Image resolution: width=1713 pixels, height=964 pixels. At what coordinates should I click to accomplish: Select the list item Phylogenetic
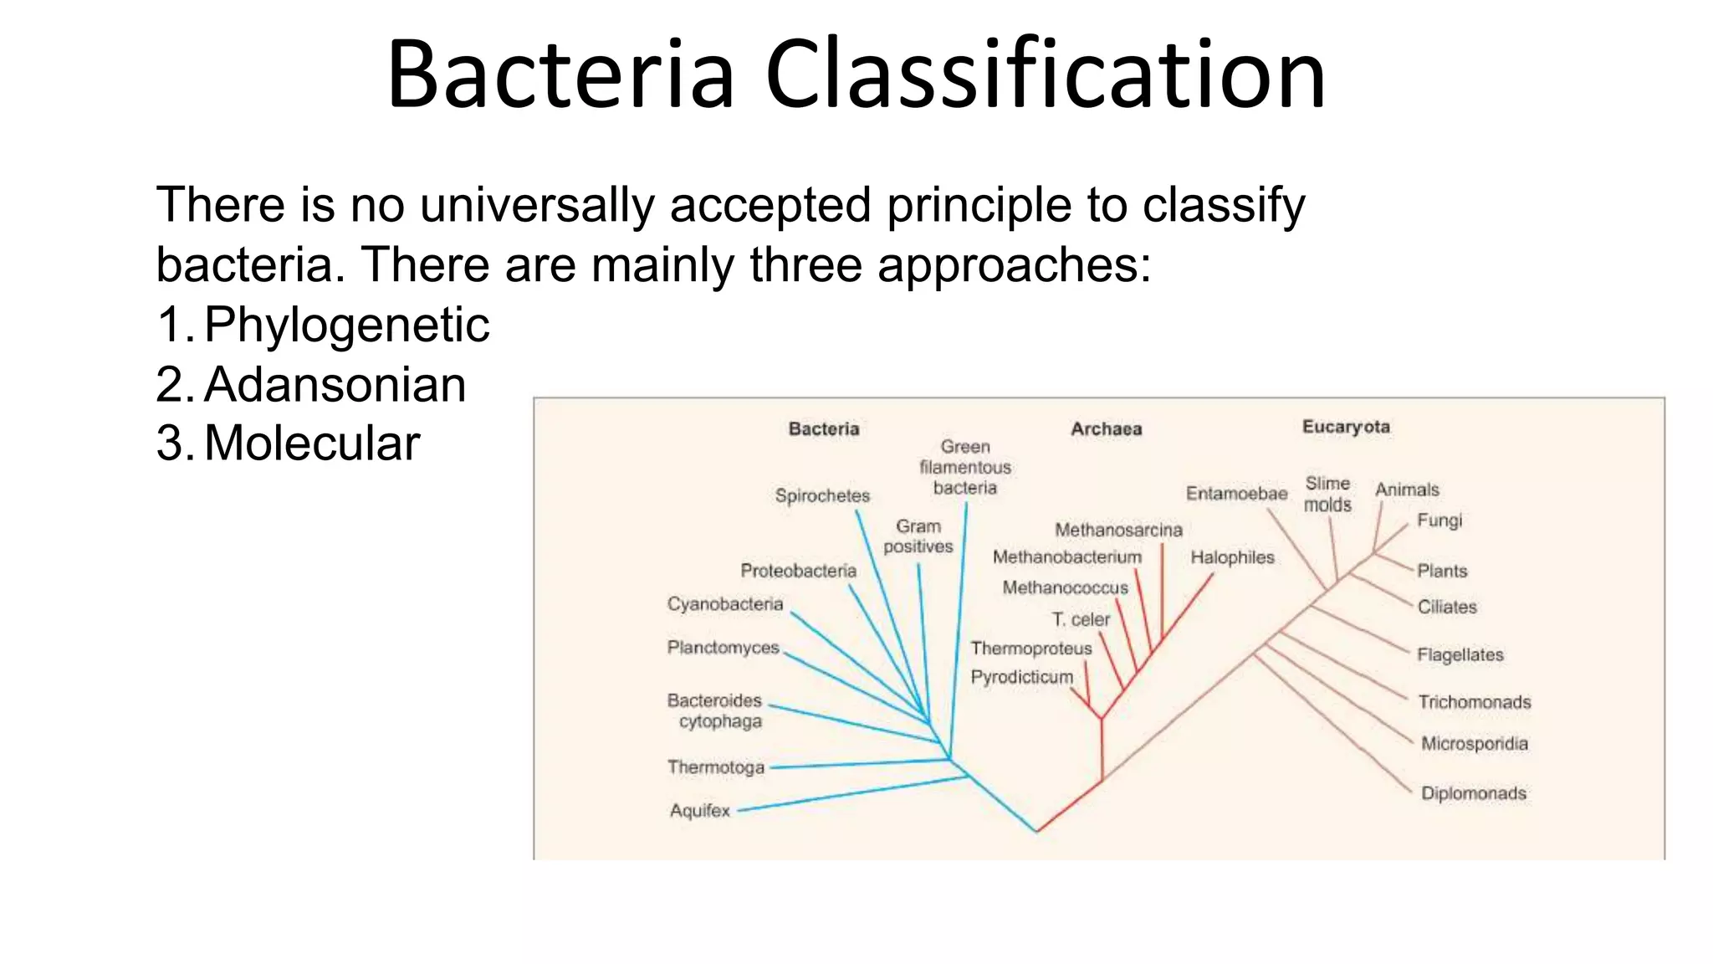coord(346,326)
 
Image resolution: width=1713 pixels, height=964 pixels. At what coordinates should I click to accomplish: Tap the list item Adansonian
coord(335,385)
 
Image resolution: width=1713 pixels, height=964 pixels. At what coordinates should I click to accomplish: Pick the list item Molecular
coord(311,444)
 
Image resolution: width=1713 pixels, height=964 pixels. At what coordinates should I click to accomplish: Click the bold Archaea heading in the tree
coord(1106,429)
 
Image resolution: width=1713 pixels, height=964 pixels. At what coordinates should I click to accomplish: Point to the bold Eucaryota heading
coord(1345,427)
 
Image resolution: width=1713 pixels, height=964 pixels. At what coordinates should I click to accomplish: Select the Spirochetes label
coord(822,495)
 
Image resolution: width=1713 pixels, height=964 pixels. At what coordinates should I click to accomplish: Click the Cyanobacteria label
coord(724,604)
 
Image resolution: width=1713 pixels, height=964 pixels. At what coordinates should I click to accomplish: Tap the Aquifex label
coord(699,811)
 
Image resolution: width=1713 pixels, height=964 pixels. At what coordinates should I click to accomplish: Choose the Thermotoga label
coord(715,767)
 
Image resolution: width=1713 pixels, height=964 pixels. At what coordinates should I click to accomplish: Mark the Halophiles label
coord(1232,557)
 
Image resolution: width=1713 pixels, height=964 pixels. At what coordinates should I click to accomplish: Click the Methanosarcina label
coord(1118,530)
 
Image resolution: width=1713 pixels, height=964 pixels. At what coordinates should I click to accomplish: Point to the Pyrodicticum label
coord(1021,677)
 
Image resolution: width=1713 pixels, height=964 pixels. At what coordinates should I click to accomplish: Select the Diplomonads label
coord(1473,793)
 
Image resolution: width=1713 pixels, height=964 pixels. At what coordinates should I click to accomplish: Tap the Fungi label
coord(1439,520)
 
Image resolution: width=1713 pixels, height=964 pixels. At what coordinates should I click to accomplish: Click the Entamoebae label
coord(1236,494)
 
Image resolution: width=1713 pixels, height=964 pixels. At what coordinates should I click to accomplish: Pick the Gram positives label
coord(918,536)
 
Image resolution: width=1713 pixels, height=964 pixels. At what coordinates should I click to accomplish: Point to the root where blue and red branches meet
coord(1037,831)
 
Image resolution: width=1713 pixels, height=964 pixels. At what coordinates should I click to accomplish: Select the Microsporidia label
coord(1474,744)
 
